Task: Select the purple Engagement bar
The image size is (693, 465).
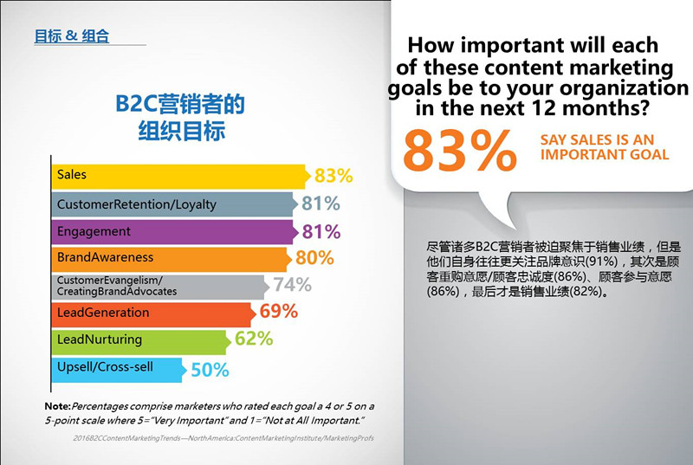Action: (173, 232)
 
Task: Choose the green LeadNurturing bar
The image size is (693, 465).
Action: (139, 340)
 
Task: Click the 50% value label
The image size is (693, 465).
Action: (210, 370)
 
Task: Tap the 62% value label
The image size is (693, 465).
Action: (254, 339)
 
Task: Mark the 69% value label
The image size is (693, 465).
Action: (279, 312)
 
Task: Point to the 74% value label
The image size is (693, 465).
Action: (292, 285)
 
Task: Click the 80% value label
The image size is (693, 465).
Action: (314, 258)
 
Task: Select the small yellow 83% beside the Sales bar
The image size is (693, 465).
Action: (334, 176)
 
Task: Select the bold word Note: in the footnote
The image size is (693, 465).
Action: (57, 406)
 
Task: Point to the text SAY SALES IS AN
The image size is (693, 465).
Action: (597, 139)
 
